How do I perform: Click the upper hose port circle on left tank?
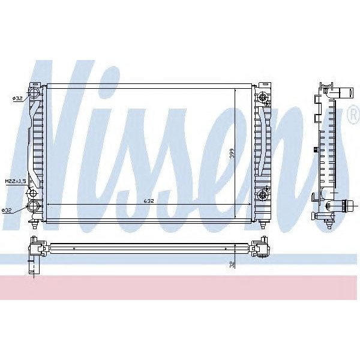35,94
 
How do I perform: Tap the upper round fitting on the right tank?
262,97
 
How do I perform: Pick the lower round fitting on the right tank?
262,196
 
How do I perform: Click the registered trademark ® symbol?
353,119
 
